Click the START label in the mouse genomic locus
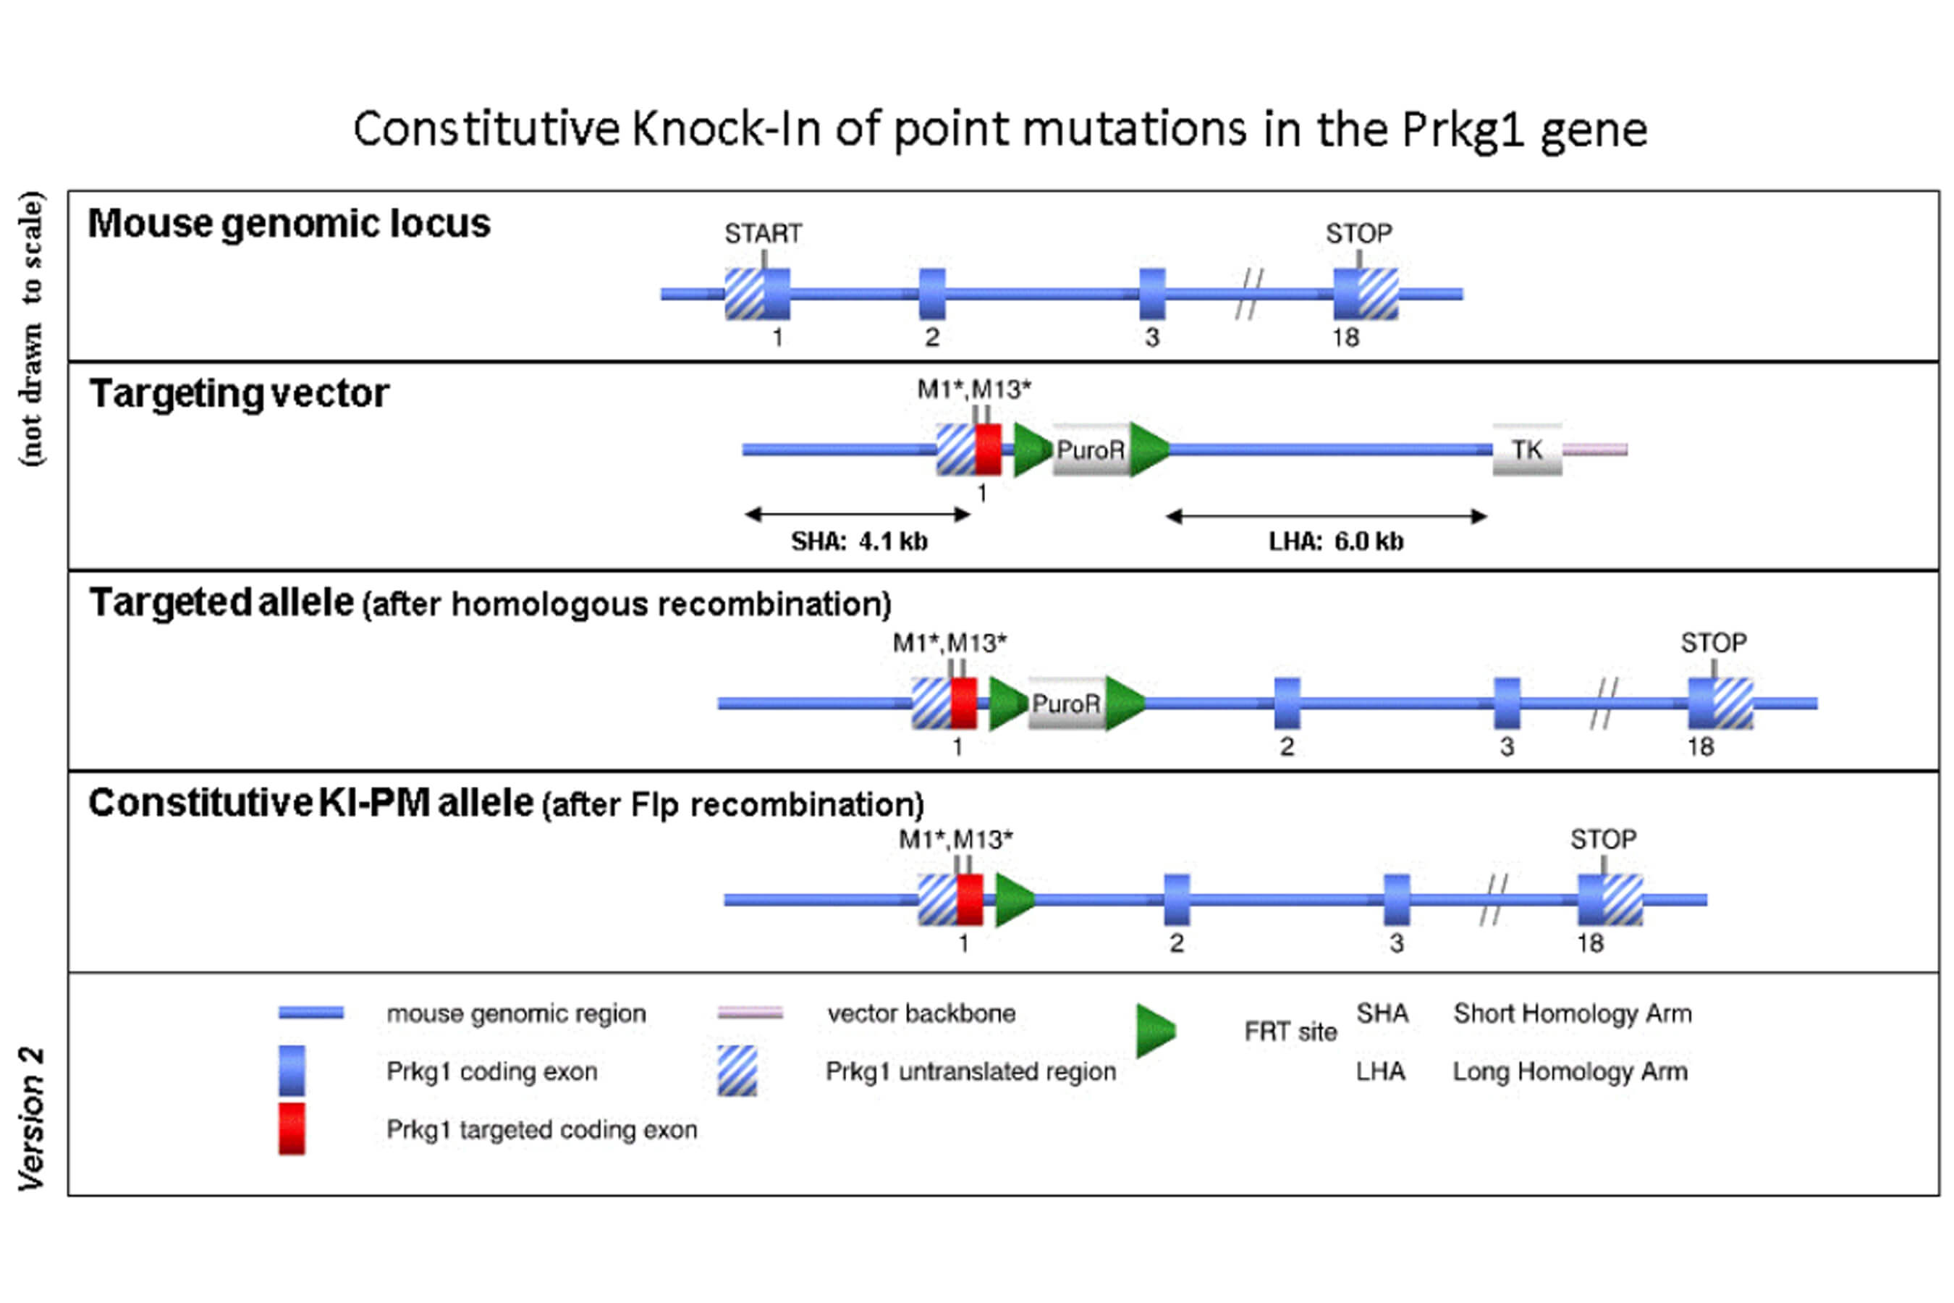tap(763, 234)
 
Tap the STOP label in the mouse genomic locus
tap(1358, 234)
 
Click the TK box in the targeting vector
tap(1527, 450)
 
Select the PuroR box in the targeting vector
tap(1090, 450)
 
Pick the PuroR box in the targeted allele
tap(1066, 704)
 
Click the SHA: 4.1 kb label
tap(859, 541)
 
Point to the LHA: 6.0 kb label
tap(1335, 541)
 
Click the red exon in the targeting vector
tap(988, 450)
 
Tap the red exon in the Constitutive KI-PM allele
tap(970, 899)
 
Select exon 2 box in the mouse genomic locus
tap(932, 294)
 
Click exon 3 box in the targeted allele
tap(1507, 704)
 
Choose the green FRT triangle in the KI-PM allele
tap(1014, 899)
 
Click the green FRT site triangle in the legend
tap(1155, 1030)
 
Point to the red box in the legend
tap(292, 1129)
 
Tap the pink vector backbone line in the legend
tap(750, 1012)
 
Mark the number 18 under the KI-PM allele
tap(1590, 943)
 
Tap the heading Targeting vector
tap(240, 393)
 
